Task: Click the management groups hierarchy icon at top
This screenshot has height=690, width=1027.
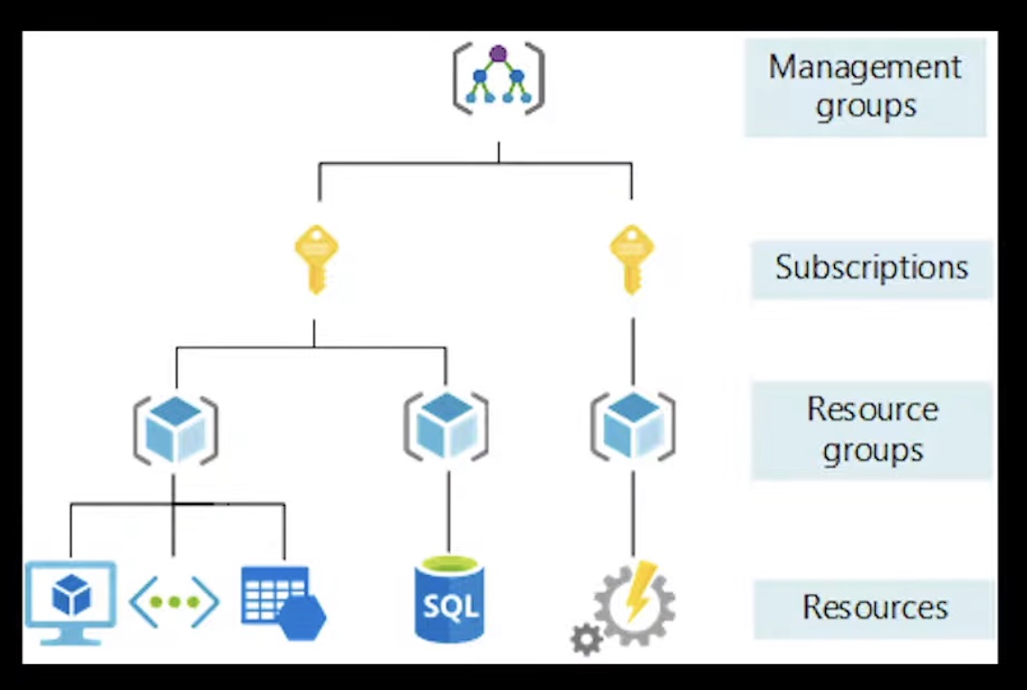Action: click(x=498, y=79)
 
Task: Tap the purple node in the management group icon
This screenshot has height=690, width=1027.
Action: click(x=498, y=53)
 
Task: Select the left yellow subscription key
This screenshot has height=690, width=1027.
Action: click(x=316, y=259)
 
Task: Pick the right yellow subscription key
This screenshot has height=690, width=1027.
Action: click(x=631, y=259)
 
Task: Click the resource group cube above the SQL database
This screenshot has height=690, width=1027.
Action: click(x=446, y=426)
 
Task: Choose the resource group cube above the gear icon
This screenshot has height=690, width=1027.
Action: click(x=632, y=426)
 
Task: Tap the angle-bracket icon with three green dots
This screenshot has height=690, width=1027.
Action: click(x=174, y=602)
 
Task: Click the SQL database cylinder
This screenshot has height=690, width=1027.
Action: click(x=449, y=600)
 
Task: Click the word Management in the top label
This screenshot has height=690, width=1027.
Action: click(x=865, y=68)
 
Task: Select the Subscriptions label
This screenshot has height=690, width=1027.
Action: click(x=871, y=268)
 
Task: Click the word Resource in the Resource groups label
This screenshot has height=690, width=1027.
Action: click(x=872, y=409)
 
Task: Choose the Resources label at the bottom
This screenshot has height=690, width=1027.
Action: click(x=875, y=608)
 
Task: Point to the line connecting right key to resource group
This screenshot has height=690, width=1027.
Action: click(x=632, y=349)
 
